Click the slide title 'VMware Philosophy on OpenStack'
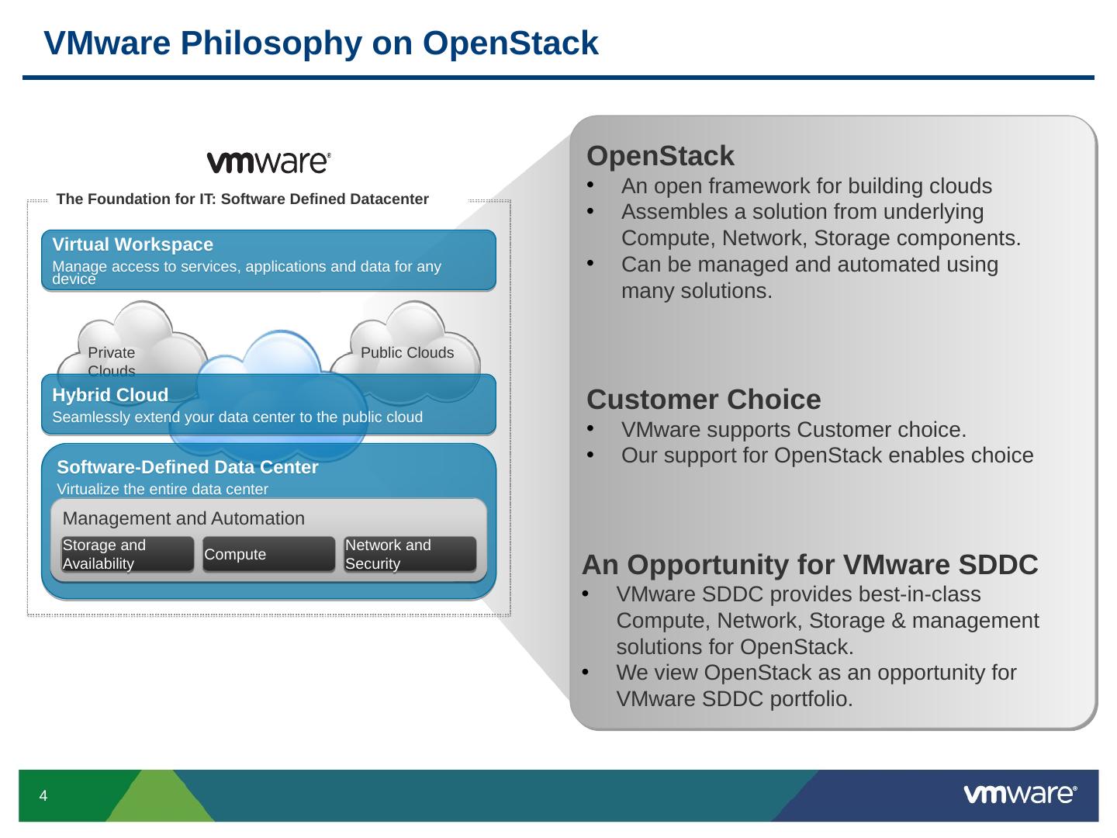[321, 43]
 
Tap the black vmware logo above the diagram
[268, 161]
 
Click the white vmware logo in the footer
[1019, 794]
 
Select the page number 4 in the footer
[43, 796]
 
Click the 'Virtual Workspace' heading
[133, 245]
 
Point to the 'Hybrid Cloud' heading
[110, 395]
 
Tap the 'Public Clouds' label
[407, 353]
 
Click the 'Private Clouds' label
[112, 361]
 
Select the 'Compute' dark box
[268, 555]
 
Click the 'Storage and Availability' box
[127, 555]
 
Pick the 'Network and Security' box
[410, 555]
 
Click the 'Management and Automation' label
[184, 518]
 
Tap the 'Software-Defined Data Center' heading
[188, 467]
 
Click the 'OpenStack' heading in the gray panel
[660, 156]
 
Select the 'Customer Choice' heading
[704, 400]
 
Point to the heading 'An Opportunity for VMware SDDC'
[810, 565]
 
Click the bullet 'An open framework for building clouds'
[806, 186]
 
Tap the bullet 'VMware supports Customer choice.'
[794, 430]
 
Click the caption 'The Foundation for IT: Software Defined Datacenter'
[243, 199]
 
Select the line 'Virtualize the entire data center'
[163, 489]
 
